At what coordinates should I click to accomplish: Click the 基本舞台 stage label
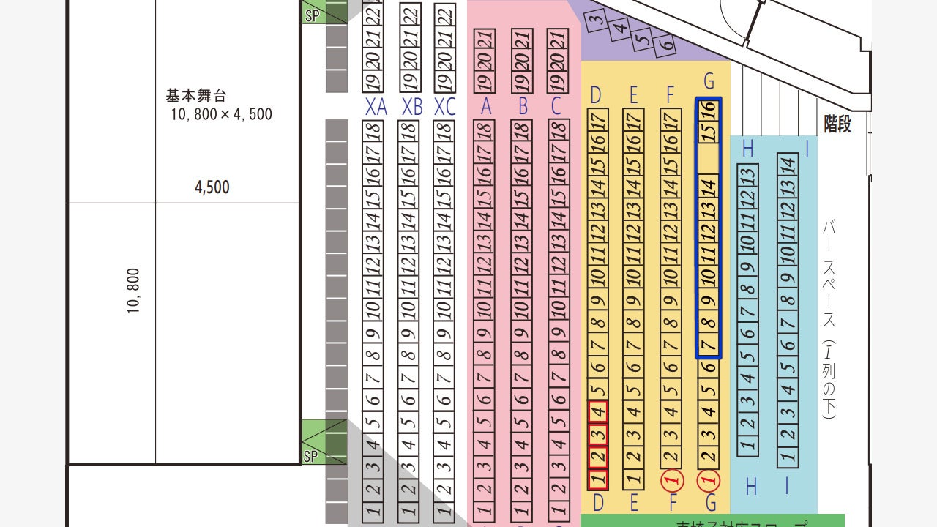pyautogui.click(x=197, y=96)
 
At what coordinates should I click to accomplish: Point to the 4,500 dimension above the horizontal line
pyautogui.click(x=212, y=187)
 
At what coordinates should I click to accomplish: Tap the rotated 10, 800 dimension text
pyautogui.click(x=132, y=291)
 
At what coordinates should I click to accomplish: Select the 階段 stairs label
pyautogui.click(x=837, y=124)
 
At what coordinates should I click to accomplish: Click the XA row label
pyautogui.click(x=376, y=107)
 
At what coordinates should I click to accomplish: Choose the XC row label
pyautogui.click(x=444, y=107)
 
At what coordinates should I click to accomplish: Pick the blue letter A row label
pyautogui.click(x=485, y=107)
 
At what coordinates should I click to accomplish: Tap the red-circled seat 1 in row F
pyautogui.click(x=671, y=479)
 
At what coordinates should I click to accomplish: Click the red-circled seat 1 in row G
pyautogui.click(x=709, y=479)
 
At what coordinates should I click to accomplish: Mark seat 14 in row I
pyautogui.click(x=788, y=165)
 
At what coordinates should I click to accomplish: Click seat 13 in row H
pyautogui.click(x=747, y=176)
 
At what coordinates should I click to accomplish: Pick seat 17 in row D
pyautogui.click(x=598, y=119)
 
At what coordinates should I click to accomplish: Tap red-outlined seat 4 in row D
pyautogui.click(x=598, y=412)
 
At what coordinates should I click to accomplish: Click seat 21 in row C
pyautogui.click(x=558, y=40)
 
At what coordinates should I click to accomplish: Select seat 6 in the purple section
pyautogui.click(x=665, y=45)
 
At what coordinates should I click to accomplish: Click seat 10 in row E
pyautogui.click(x=634, y=277)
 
